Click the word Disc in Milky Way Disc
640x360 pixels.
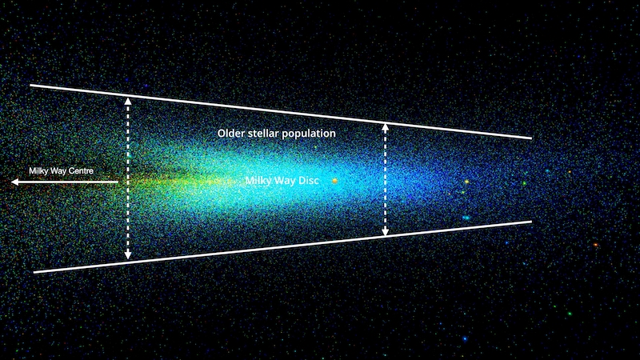[x=308, y=181]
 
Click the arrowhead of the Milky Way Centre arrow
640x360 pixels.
[x=15, y=182]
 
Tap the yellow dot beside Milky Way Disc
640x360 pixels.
[x=334, y=181]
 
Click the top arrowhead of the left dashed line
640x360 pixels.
[x=128, y=102]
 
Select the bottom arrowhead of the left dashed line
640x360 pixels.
[x=128, y=255]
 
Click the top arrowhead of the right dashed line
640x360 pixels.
[x=385, y=128]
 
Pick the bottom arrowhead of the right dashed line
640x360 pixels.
[x=385, y=232]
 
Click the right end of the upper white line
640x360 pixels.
[x=531, y=138]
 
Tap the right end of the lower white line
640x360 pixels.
[x=531, y=222]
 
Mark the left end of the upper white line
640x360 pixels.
[x=30, y=86]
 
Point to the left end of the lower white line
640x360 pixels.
[x=34, y=271]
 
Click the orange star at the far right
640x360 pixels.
[x=595, y=245]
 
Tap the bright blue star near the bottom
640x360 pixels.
[x=465, y=338]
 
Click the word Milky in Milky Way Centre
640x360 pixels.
[x=38, y=171]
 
